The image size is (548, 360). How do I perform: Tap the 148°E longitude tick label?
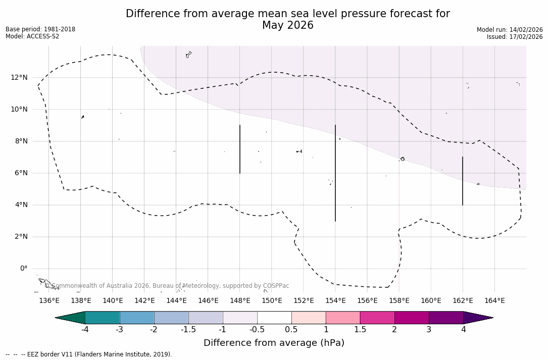[240, 301]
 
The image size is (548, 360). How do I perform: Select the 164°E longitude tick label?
[494, 301]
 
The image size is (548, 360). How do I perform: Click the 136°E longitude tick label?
[49, 301]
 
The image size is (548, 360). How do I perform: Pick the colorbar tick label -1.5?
[188, 330]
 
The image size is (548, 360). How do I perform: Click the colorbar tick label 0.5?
[291, 330]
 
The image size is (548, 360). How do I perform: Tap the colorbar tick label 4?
[463, 330]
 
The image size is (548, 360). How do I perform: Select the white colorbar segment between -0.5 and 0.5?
[274, 318]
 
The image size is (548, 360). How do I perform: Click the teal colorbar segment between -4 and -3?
[103, 318]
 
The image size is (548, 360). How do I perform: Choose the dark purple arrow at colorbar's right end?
[477, 318]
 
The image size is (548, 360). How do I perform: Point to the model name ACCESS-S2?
[42, 36]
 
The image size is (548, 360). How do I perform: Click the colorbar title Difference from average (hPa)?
[274, 343]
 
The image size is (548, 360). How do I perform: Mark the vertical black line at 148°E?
[240, 149]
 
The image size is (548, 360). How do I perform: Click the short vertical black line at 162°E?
[463, 181]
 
